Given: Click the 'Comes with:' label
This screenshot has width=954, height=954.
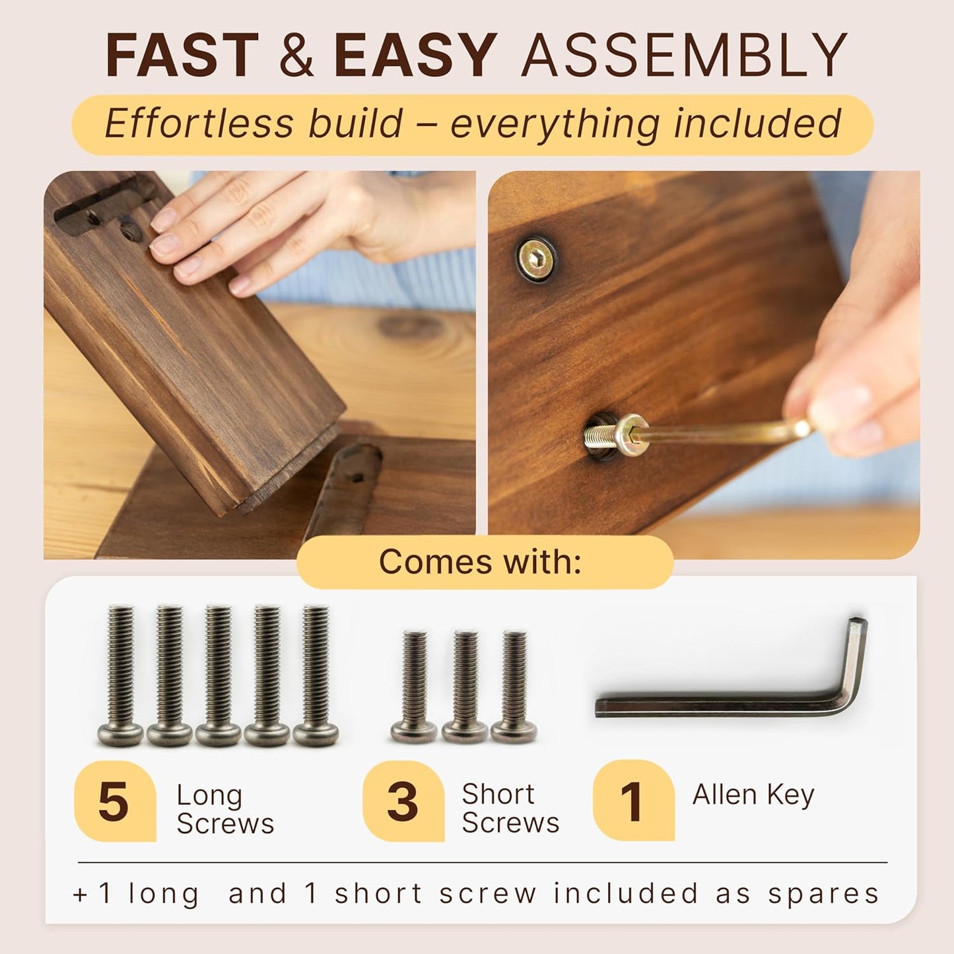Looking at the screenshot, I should (x=480, y=562).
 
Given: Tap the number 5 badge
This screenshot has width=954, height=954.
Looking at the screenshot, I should (x=114, y=801).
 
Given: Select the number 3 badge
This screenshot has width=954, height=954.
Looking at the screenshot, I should (x=402, y=801).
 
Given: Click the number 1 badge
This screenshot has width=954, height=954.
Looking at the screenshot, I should (x=632, y=801).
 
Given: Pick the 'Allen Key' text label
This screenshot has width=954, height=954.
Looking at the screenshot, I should (x=753, y=795).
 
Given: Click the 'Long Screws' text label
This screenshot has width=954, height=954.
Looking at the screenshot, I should (x=224, y=809).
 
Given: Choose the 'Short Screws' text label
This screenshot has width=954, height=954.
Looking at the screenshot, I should (x=510, y=809).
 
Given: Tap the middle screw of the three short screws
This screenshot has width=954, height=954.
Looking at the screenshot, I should (x=465, y=687).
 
